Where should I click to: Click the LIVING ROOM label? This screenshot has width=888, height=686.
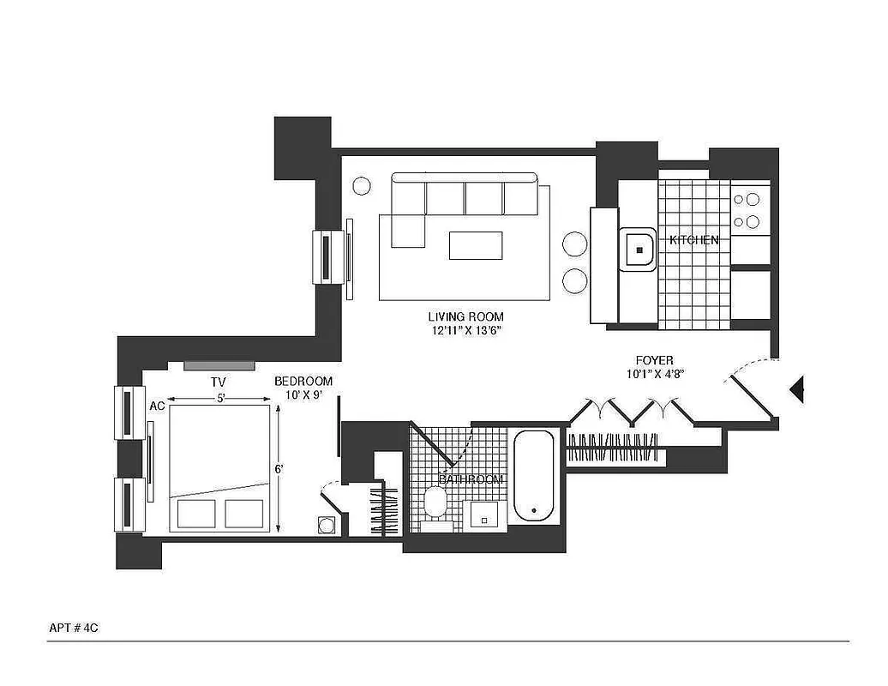465,316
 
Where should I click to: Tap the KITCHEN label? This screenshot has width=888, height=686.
693,240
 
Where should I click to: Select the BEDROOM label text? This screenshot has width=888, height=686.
303,382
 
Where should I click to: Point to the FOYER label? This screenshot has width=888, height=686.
654,360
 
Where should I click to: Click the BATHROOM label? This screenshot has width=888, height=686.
471,479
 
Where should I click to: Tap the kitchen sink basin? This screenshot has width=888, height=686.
639,250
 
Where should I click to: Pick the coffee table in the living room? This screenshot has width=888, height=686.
477,244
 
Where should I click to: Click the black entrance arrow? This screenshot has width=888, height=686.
797,390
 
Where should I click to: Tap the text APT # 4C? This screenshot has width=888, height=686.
76,627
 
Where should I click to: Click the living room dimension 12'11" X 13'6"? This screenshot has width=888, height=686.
465,330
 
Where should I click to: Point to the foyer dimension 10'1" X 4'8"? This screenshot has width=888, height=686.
654,374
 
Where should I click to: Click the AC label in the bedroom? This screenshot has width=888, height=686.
157,406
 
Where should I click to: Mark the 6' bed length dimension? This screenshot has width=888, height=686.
279,469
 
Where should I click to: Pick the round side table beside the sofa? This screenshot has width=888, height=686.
362,185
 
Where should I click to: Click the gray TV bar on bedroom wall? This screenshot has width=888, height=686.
219,365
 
